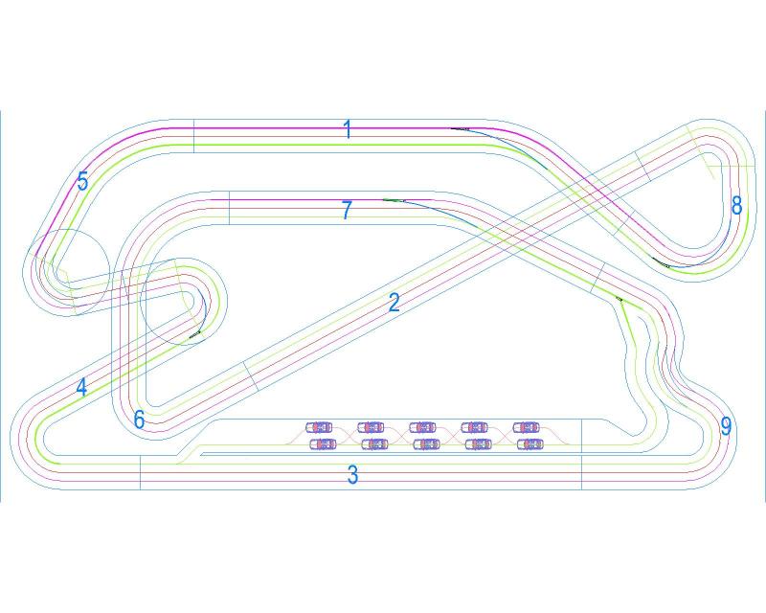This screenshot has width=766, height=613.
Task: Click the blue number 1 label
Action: coord(349,129)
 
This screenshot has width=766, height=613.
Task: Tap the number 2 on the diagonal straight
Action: coord(394,303)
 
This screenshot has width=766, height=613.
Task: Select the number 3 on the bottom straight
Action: coord(352,474)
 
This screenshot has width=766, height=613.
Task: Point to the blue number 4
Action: coord(81,388)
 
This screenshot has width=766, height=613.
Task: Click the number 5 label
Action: coord(83,181)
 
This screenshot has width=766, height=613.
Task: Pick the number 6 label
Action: coord(140,420)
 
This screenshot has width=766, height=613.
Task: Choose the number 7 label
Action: coord(348,211)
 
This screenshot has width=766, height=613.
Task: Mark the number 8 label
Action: coord(736,205)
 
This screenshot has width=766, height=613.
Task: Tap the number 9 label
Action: coord(726,427)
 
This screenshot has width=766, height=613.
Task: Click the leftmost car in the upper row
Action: coord(319,426)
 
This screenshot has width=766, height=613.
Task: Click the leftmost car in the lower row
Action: coord(323,443)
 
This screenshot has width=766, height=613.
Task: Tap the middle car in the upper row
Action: coord(422,426)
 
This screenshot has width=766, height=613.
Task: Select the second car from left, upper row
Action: coord(371,426)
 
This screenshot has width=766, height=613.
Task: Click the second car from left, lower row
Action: coord(374,443)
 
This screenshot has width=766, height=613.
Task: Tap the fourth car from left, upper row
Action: coord(474,426)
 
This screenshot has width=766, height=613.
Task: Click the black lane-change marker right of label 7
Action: coord(394,200)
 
